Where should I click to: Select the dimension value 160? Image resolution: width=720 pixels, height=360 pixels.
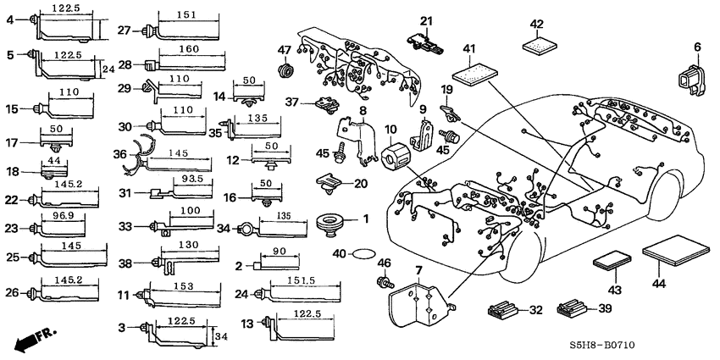coord(190,48)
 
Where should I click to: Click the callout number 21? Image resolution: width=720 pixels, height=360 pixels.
coord(426,20)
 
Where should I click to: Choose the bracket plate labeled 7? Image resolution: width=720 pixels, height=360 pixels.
coord(418,303)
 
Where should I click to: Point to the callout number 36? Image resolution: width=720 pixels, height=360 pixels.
coord(119,153)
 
